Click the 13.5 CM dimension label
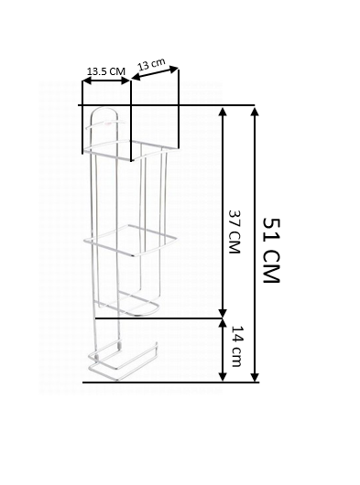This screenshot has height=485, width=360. (x=106, y=71)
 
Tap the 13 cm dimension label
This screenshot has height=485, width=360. (x=151, y=64)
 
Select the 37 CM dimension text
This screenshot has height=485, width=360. (x=235, y=232)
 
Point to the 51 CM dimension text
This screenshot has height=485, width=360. (x=271, y=251)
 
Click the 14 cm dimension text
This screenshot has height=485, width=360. (x=237, y=346)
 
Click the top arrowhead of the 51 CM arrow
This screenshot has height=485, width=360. (x=255, y=112)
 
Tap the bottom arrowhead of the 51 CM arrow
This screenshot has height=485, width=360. (x=255, y=376)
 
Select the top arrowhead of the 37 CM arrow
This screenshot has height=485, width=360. (x=223, y=112)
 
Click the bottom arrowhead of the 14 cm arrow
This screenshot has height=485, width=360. (x=223, y=376)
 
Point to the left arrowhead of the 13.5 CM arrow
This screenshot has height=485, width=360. (x=87, y=81)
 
